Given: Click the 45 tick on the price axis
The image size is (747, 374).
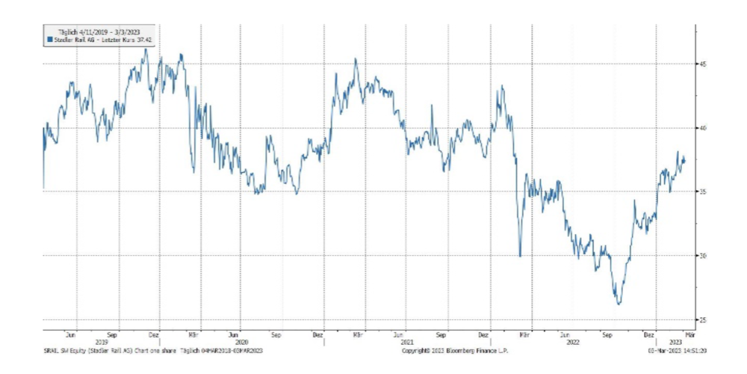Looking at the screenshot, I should pos(703,64).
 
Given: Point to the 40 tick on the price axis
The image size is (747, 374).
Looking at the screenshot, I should pos(703,128).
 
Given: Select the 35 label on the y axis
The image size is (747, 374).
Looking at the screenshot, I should pos(703,191).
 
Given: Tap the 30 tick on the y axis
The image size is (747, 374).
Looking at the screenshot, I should pos(703,256).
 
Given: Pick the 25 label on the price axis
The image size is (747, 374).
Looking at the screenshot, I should pos(703,319).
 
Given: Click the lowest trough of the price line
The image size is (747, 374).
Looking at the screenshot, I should pos(619,304).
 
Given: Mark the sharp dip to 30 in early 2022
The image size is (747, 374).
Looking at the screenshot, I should pos(520,256).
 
